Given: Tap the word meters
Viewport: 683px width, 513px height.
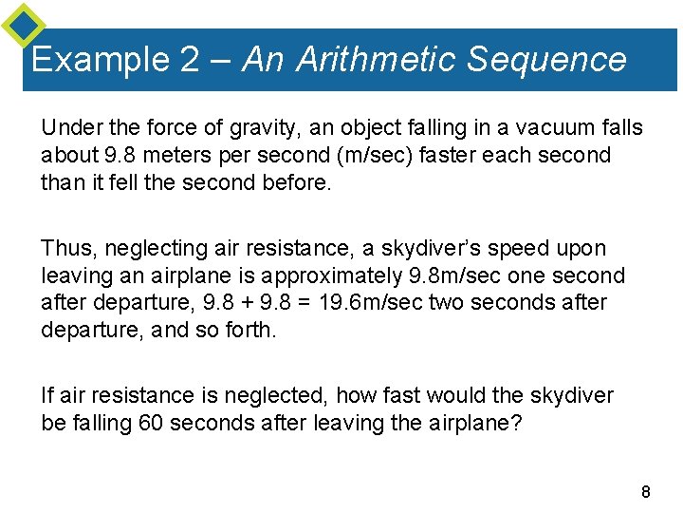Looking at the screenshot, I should [x=180, y=155].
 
